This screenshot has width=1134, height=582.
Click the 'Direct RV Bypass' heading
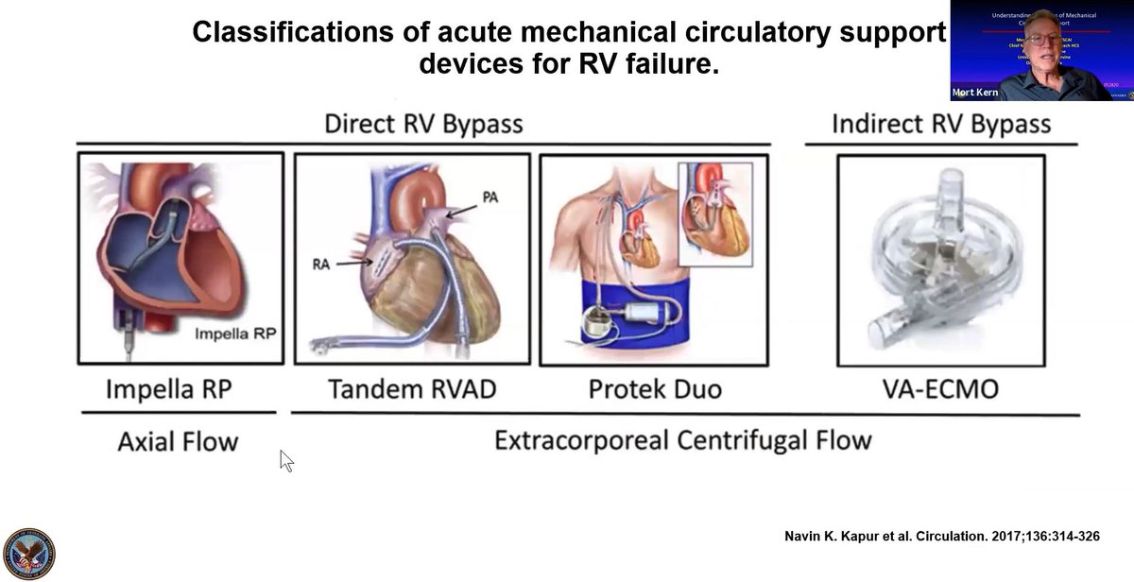422,124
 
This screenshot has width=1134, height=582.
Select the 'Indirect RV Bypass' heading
940,124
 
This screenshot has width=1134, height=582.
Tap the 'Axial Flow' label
178,440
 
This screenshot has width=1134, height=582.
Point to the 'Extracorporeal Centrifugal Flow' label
682,440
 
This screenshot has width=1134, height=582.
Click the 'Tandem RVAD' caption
411,388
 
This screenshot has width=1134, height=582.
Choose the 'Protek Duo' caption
653,388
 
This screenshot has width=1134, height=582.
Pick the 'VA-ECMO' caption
940,388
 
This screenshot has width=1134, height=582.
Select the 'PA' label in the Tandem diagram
490,197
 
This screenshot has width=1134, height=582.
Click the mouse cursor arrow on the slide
286,460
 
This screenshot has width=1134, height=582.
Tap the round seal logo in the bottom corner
29,553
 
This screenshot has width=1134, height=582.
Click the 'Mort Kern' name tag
975,93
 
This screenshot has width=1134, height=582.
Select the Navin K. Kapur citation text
942,536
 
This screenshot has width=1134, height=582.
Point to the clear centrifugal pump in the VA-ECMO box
940,260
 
